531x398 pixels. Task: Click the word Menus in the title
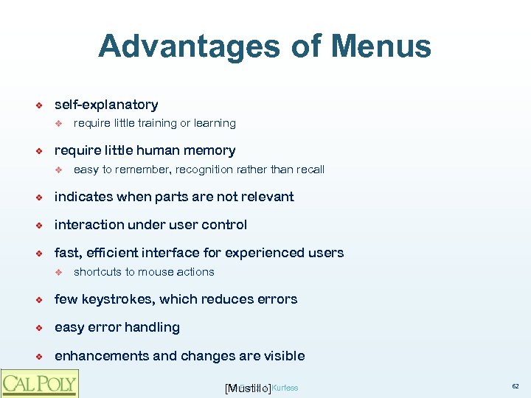[x=381, y=46]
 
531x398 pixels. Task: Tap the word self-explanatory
[x=106, y=105]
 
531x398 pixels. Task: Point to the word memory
[x=210, y=150]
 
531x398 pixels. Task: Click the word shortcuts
[x=98, y=272]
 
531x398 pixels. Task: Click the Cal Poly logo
[x=38, y=383]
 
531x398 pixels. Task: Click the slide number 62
[x=515, y=386]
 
